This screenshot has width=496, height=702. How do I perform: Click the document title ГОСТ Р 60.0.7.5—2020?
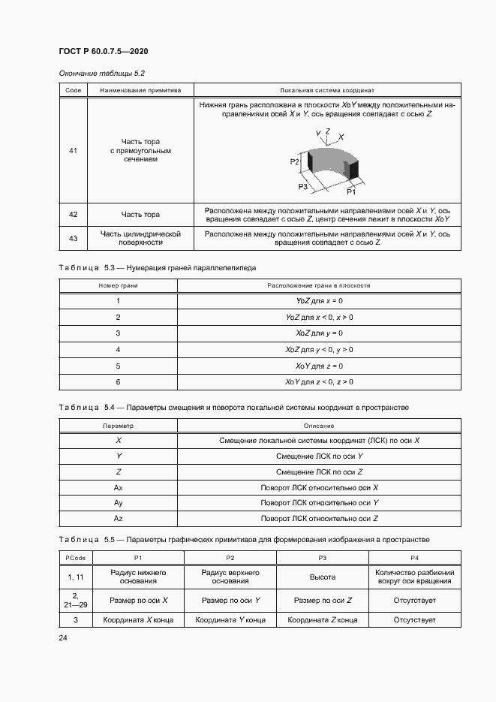[103, 51]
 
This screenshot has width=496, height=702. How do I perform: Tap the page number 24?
[63, 637]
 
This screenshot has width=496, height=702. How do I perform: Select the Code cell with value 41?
[73, 151]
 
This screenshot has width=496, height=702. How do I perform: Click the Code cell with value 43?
[73, 239]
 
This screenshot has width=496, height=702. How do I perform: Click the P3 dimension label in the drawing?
[302, 185]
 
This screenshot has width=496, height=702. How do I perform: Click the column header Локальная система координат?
[327, 90]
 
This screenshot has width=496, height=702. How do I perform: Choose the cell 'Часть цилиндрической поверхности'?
[141, 239]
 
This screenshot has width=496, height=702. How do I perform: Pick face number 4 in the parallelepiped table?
[118, 349]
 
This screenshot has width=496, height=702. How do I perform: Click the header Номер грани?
[118, 285]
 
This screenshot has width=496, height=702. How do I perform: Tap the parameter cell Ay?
[118, 502]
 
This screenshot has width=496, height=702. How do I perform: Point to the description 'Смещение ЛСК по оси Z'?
[319, 472]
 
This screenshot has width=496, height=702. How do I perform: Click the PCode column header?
[74, 558]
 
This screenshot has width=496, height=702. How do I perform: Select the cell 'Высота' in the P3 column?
[323, 577]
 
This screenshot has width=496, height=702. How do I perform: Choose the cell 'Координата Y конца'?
[230, 620]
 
